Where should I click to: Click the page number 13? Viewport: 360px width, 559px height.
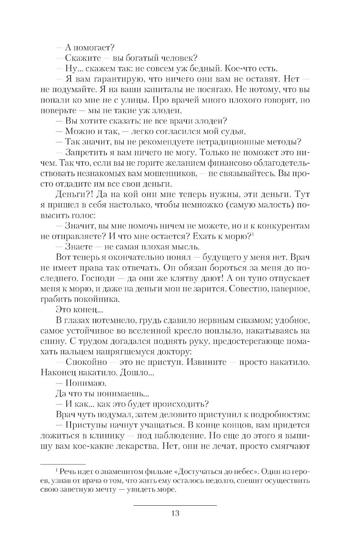(x=175, y=513)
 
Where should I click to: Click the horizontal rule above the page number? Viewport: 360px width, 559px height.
(x=175, y=506)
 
